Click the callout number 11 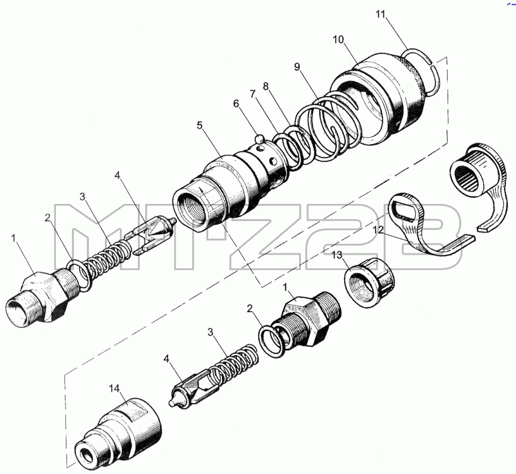(x=381, y=15)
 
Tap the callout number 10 (x=338, y=39)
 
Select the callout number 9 (x=297, y=67)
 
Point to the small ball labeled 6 (x=261, y=138)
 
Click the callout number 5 (x=200, y=125)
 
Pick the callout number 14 (x=114, y=389)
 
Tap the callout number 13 (x=337, y=255)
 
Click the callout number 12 (x=378, y=229)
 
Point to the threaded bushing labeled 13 (x=369, y=283)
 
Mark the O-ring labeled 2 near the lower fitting (x=270, y=342)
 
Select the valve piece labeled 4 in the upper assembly (x=151, y=235)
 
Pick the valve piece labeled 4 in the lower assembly (x=193, y=388)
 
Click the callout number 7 (x=252, y=94)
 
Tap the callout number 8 (x=266, y=86)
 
